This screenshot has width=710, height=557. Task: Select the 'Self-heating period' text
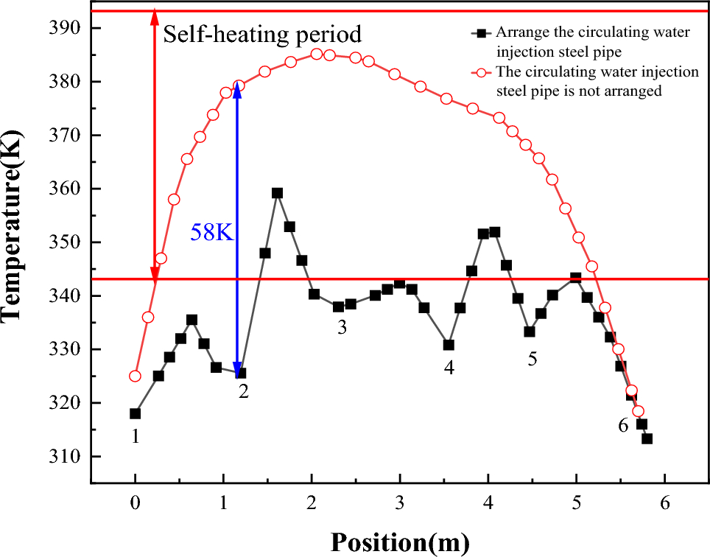point(262,34)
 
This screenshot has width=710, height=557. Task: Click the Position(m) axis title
point(399,541)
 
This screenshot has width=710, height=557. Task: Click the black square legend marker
point(482,33)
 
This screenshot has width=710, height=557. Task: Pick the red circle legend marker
point(482,72)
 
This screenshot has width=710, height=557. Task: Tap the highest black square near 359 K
point(278,193)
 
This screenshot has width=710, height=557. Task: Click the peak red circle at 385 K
point(317,54)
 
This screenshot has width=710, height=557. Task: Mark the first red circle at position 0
point(135,376)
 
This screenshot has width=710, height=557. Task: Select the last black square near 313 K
point(647,438)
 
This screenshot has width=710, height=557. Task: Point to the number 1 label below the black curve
point(135,436)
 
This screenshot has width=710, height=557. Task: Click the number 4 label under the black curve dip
point(449,366)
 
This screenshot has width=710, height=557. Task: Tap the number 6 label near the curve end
point(623,425)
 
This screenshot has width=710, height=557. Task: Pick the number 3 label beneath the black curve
point(342,327)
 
